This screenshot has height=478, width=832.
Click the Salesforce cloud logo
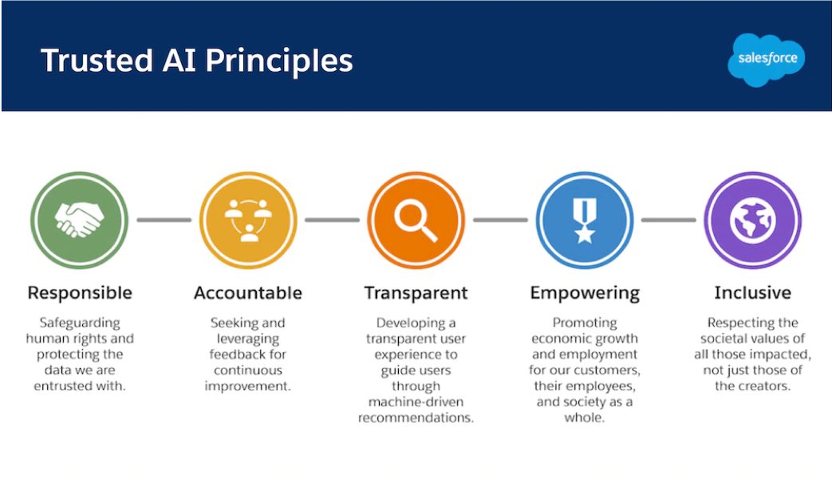[x=767, y=60]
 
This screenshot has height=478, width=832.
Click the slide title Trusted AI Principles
[x=197, y=61]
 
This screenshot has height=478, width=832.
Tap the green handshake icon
[x=79, y=220]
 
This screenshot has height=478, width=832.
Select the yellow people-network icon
[x=248, y=220]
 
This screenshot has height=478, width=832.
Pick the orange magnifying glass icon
[x=416, y=220]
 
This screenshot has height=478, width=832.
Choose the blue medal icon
[x=585, y=220]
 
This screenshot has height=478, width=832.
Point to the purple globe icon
[x=752, y=220]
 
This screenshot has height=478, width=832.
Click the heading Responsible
[x=80, y=293]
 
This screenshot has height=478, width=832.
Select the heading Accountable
[x=248, y=293]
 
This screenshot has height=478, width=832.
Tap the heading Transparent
[x=416, y=293]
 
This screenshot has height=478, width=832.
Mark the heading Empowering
[x=585, y=293]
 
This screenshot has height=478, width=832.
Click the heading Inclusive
[x=752, y=293]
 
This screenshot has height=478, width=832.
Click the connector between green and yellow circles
[x=164, y=220]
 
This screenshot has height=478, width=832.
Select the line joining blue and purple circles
[x=668, y=220]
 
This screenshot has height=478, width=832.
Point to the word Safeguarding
[x=80, y=323]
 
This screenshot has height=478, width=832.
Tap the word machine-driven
[x=416, y=401]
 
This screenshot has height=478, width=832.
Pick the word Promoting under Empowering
[x=585, y=323]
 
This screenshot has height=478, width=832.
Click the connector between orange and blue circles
[x=500, y=220]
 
